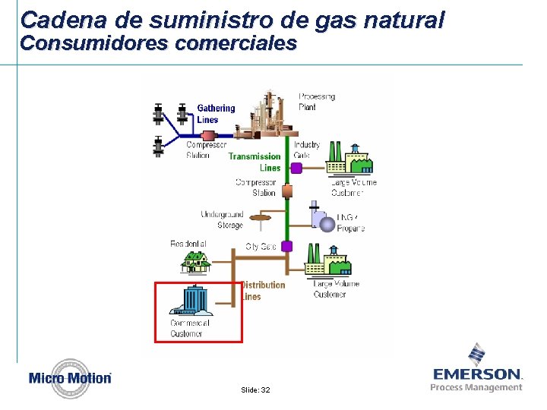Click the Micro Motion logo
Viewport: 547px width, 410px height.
point(70,377)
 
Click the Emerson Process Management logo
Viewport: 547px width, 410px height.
point(477,371)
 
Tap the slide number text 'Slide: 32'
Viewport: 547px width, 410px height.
point(255,389)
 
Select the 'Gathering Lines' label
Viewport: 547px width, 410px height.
point(216,114)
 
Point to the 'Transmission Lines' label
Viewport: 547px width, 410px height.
point(255,162)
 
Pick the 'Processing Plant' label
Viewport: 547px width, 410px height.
point(317,102)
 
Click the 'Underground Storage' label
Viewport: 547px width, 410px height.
point(222,219)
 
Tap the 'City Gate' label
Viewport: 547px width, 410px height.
point(261,247)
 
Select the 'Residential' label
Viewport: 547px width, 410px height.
point(188,244)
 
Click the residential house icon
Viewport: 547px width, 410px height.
point(195,262)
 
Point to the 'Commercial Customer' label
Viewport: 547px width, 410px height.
point(189,328)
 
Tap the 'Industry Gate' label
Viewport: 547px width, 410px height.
point(307,150)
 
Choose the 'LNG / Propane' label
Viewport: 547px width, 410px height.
point(350,222)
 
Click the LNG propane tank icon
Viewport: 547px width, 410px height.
point(323,219)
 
